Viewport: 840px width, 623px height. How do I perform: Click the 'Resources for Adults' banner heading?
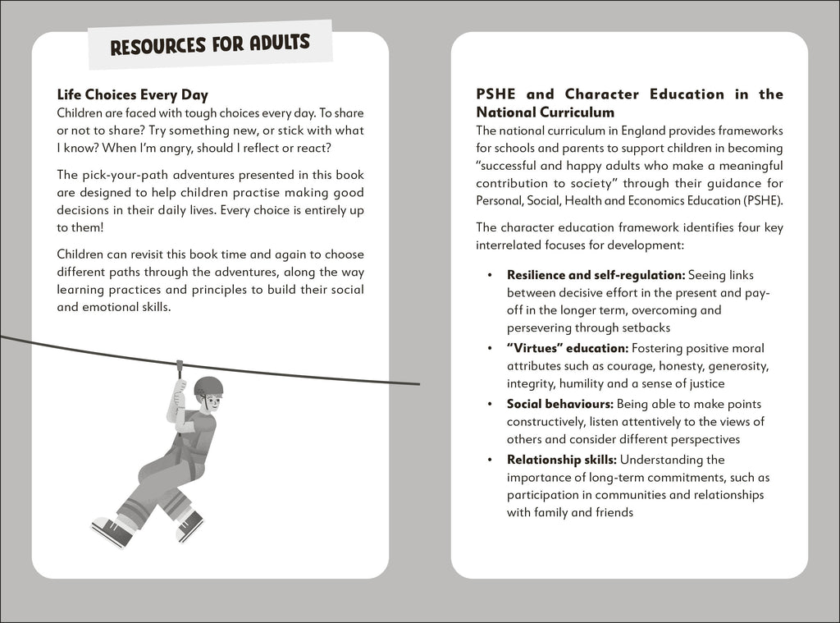click(210, 44)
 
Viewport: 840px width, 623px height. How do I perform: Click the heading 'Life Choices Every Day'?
click(132, 95)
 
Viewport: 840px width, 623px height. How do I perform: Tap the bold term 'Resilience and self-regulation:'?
click(596, 274)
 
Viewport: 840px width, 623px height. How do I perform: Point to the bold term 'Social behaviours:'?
click(559, 404)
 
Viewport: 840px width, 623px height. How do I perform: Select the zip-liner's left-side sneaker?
click(112, 532)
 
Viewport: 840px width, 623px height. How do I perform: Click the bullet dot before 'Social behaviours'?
click(490, 404)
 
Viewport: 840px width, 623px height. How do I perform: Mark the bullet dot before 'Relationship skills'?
click(490, 460)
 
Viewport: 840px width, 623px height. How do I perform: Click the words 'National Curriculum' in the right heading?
click(546, 112)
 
